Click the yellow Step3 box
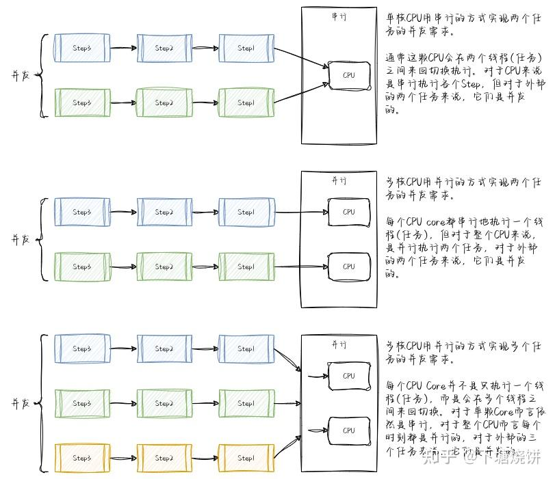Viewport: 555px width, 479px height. [81, 458]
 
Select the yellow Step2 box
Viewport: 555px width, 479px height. [164, 458]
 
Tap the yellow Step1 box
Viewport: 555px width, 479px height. [246, 458]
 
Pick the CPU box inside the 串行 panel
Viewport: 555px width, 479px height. [349, 75]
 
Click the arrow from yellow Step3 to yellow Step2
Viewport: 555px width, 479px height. [123, 458]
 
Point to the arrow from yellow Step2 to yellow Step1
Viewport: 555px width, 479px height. [205, 458]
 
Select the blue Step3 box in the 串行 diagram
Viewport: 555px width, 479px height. [81, 47]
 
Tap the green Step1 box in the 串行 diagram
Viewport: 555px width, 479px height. [246, 102]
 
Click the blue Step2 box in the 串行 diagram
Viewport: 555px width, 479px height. [164, 47]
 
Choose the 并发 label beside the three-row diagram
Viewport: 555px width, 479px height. [21, 403]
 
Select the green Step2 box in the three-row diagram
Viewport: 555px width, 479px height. [164, 403]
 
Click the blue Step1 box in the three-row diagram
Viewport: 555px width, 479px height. [246, 348]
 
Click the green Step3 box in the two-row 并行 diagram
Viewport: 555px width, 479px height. [81, 266]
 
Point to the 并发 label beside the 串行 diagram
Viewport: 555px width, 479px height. [21, 75]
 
